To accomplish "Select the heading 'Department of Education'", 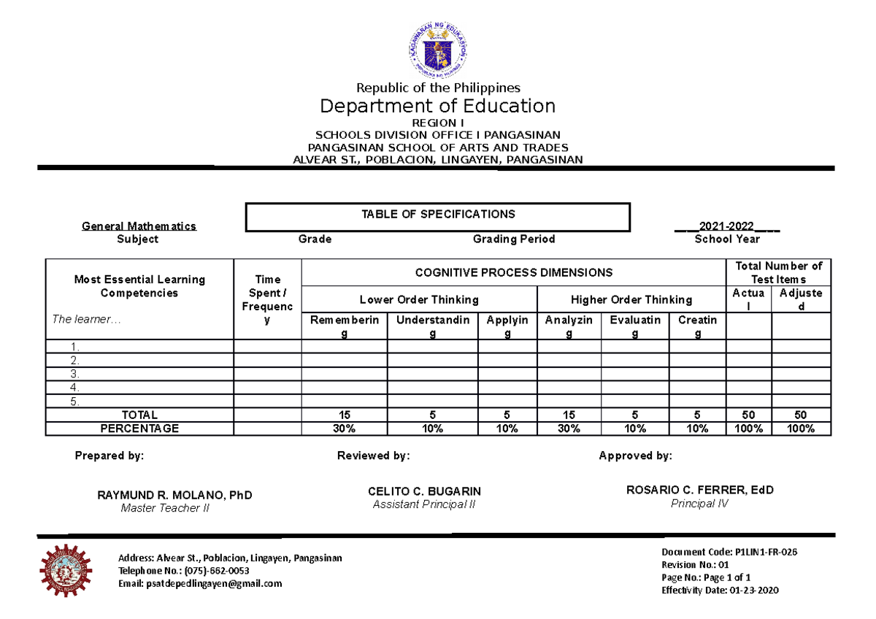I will click(x=437, y=106).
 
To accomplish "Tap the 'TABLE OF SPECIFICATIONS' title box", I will click(x=438, y=215).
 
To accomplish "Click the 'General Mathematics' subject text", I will click(x=139, y=226).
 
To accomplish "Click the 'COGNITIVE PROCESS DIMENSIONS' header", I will click(x=513, y=272).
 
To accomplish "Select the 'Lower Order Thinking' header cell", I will click(x=419, y=299).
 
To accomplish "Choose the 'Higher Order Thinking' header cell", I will click(x=631, y=299).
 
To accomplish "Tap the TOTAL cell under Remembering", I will click(x=344, y=415).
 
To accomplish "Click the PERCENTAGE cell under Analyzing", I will click(x=569, y=428).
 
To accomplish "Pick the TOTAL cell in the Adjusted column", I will click(x=801, y=415).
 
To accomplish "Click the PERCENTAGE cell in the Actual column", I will click(x=748, y=428).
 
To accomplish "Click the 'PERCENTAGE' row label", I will click(x=139, y=428).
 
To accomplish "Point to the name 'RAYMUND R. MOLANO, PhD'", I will click(x=174, y=496).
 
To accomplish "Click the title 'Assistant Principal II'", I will click(x=424, y=504).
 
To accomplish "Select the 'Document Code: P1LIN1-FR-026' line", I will click(x=729, y=552).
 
